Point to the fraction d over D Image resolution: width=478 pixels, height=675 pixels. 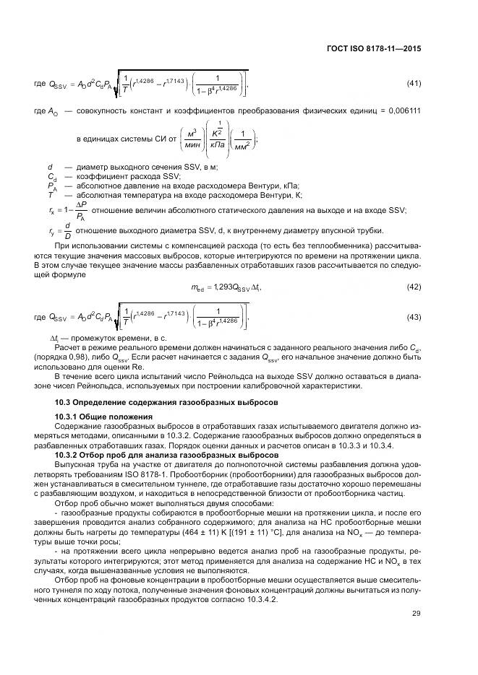(x=67, y=230)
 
